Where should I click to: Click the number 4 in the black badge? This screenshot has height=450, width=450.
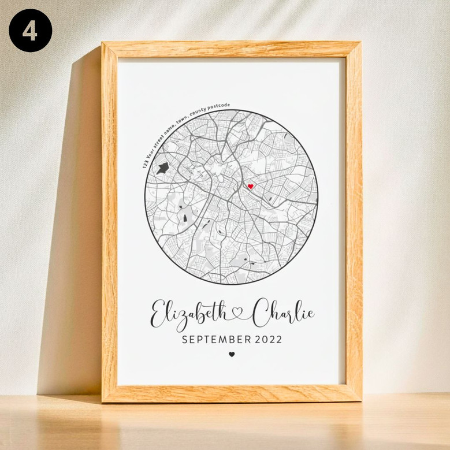click(x=30, y=30)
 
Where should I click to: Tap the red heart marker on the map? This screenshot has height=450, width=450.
click(x=250, y=186)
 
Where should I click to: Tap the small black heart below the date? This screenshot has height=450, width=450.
click(x=232, y=354)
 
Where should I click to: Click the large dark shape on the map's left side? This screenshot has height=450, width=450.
click(x=162, y=168)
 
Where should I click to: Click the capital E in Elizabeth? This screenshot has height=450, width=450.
click(x=158, y=314)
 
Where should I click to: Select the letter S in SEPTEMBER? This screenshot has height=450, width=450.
click(x=185, y=340)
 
